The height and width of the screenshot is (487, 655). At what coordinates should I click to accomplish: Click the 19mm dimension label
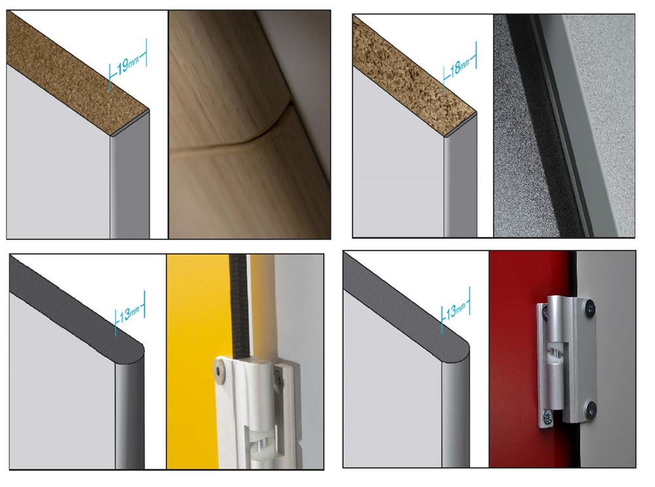tap(128, 65)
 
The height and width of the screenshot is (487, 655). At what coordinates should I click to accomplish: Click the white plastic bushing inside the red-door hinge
tap(556, 355)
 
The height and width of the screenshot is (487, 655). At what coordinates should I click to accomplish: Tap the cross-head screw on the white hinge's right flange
tap(278, 381)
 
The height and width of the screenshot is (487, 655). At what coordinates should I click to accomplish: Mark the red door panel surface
tap(513, 359)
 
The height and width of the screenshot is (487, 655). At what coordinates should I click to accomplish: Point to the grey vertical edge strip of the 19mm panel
tap(130, 179)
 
